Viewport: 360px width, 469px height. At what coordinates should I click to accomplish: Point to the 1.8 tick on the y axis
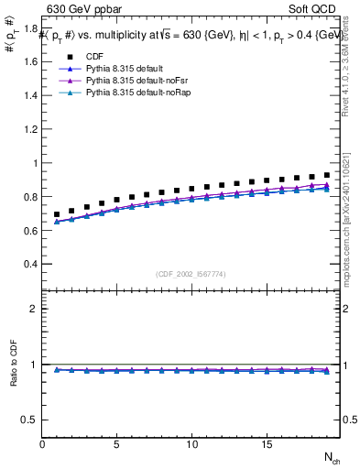[31, 29]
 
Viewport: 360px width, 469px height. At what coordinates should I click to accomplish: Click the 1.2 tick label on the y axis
[31, 130]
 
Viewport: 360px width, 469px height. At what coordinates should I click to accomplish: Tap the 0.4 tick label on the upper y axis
[31, 264]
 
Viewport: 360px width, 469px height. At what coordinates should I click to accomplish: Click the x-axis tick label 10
[191, 443]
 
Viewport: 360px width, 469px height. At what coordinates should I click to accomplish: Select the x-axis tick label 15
[266, 443]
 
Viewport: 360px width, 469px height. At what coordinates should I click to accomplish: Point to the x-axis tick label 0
[42, 443]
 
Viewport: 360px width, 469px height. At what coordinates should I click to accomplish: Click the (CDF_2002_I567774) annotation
[191, 274]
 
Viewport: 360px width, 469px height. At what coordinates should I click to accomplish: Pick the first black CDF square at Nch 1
[57, 214]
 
